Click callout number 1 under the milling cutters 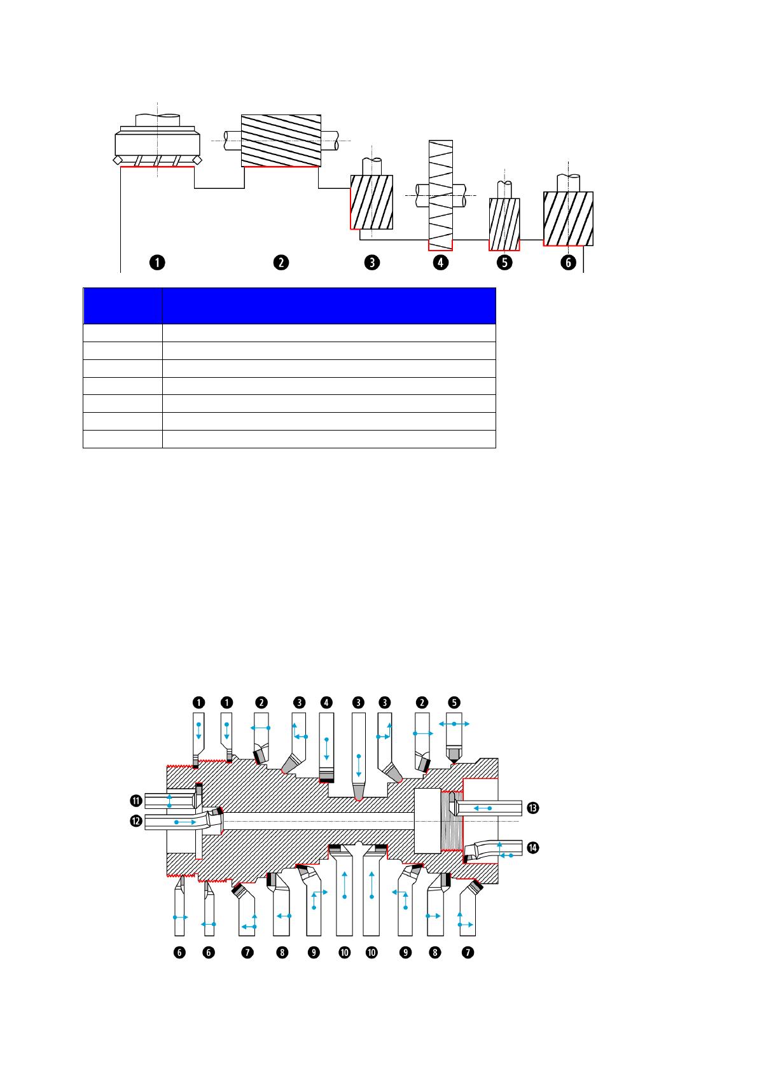[x=157, y=263]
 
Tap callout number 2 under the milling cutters [x=281, y=263]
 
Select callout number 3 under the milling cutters [x=372, y=263]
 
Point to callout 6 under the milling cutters [x=568, y=263]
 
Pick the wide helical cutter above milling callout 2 [x=281, y=141]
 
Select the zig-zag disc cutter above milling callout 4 [x=440, y=195]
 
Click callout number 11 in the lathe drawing [x=136, y=800]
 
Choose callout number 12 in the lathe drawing [x=136, y=821]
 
